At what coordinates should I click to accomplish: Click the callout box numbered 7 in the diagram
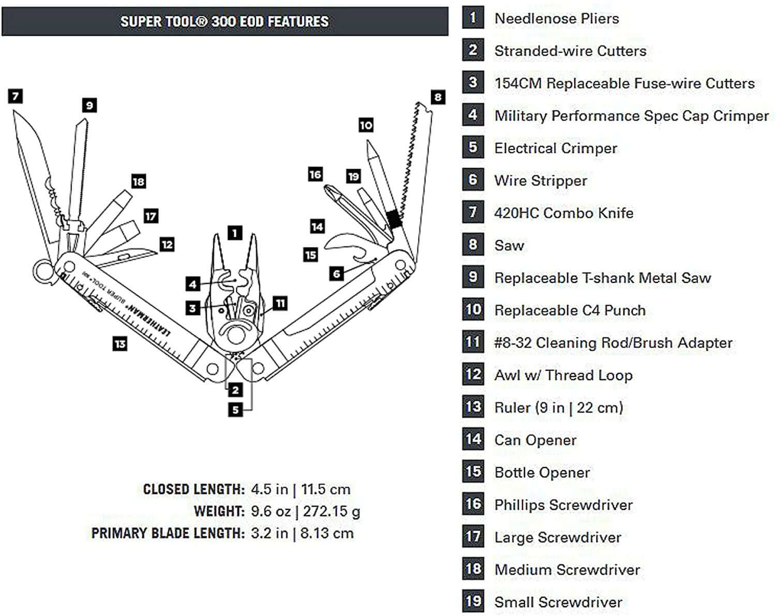tap(16, 96)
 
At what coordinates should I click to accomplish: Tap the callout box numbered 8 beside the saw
tap(438, 97)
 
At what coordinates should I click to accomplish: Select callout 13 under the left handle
tap(120, 343)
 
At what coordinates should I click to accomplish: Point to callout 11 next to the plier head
tap(280, 303)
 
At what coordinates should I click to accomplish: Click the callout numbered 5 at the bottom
tap(235, 410)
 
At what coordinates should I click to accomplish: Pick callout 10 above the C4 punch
tap(366, 125)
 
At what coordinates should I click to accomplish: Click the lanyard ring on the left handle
tap(43, 271)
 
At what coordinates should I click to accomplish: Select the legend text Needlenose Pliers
tap(556, 19)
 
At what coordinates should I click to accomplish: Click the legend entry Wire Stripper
tap(541, 181)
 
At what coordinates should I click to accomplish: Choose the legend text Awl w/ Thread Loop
tap(563, 375)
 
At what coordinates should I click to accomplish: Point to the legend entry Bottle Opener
tap(542, 473)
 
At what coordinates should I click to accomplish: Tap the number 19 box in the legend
tap(473, 602)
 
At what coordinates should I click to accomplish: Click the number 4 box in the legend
tap(473, 115)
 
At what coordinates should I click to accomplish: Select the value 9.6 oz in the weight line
tap(271, 512)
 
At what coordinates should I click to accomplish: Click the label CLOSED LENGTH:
tap(193, 489)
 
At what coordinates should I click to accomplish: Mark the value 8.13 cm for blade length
tap(326, 533)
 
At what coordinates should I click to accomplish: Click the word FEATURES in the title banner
tap(298, 22)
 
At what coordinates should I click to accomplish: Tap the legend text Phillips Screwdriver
tap(563, 505)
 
